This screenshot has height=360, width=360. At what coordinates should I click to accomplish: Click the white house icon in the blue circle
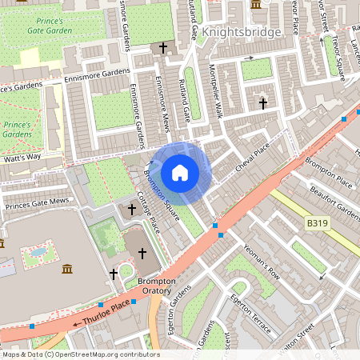click(x=180, y=172)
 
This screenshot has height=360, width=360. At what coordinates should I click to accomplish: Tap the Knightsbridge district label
click(x=242, y=33)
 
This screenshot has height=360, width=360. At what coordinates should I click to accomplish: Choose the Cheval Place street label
click(x=253, y=159)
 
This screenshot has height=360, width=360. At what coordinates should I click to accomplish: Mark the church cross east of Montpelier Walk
click(x=262, y=102)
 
